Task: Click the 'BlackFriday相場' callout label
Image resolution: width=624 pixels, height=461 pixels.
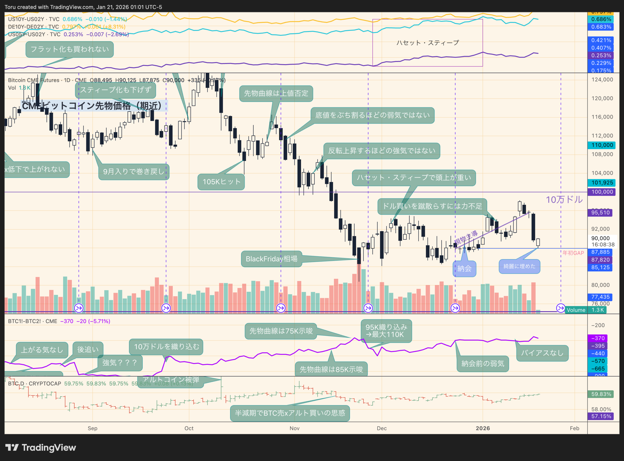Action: (x=271, y=259)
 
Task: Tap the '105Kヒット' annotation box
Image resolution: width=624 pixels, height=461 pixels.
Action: (x=221, y=182)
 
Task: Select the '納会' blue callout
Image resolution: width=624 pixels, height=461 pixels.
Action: (x=464, y=269)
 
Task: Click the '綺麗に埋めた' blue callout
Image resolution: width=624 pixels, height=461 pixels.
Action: (x=519, y=266)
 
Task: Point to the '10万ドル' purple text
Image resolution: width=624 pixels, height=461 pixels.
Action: (x=564, y=199)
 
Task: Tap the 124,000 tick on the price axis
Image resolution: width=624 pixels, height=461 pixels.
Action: (x=602, y=80)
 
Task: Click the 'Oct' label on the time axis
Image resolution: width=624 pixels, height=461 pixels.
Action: (x=189, y=428)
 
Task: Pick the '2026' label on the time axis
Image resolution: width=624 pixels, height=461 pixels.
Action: (x=483, y=428)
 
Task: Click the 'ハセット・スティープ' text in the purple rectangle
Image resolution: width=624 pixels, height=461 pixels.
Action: (x=427, y=43)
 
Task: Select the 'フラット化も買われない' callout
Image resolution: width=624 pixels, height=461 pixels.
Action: (x=69, y=49)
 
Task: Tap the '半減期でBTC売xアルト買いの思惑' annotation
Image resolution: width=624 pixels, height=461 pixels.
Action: (x=290, y=413)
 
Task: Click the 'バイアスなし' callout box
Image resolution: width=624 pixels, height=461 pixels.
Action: (x=542, y=353)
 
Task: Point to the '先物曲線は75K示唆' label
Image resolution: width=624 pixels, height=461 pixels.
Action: (x=281, y=331)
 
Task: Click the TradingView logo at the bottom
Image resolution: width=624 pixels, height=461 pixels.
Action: (x=40, y=448)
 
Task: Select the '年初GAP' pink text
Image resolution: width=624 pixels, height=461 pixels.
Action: (x=573, y=253)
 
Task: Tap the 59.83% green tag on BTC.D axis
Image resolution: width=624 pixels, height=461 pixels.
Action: (x=601, y=394)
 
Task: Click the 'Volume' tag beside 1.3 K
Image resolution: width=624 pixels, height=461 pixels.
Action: (x=576, y=310)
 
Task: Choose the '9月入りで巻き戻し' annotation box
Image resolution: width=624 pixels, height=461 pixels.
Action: (x=134, y=172)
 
